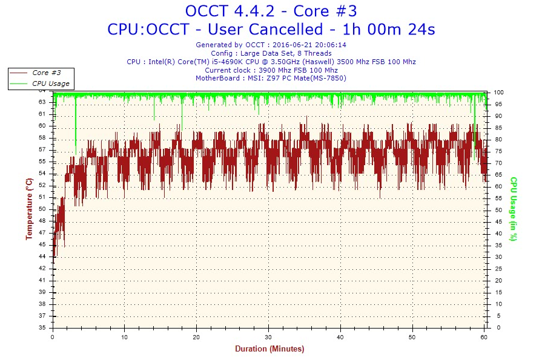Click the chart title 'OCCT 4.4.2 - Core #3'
coord(271,11)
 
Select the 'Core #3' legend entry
coord(46,73)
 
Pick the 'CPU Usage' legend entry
coord(51,83)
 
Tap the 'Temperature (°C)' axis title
coord(29,209)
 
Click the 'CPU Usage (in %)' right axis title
coord(513,209)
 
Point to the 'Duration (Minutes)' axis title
coord(269,349)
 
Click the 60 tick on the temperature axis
coord(42,126)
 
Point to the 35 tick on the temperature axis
coord(42,327)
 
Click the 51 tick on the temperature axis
coord(42,197)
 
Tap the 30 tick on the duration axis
coord(268,336)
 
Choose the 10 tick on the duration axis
coord(124,336)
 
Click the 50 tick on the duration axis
coord(412,336)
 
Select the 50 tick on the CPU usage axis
coord(497,210)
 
